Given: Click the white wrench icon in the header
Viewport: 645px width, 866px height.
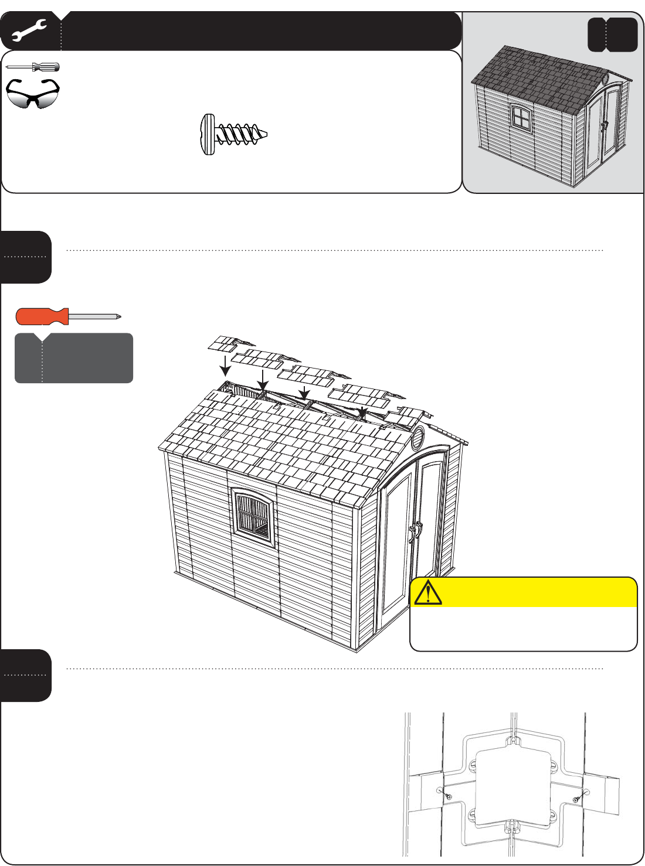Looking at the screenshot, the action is [28, 31].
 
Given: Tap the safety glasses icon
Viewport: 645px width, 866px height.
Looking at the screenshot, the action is [33, 94].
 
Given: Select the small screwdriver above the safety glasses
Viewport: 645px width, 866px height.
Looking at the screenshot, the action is [33, 67].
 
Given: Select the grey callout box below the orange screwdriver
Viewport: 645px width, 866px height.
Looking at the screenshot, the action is [74, 358].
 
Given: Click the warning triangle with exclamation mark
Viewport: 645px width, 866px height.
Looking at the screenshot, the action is [428, 592].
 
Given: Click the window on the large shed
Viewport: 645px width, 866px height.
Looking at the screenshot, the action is [254, 517].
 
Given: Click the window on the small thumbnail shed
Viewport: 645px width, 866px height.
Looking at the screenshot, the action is [520, 117].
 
